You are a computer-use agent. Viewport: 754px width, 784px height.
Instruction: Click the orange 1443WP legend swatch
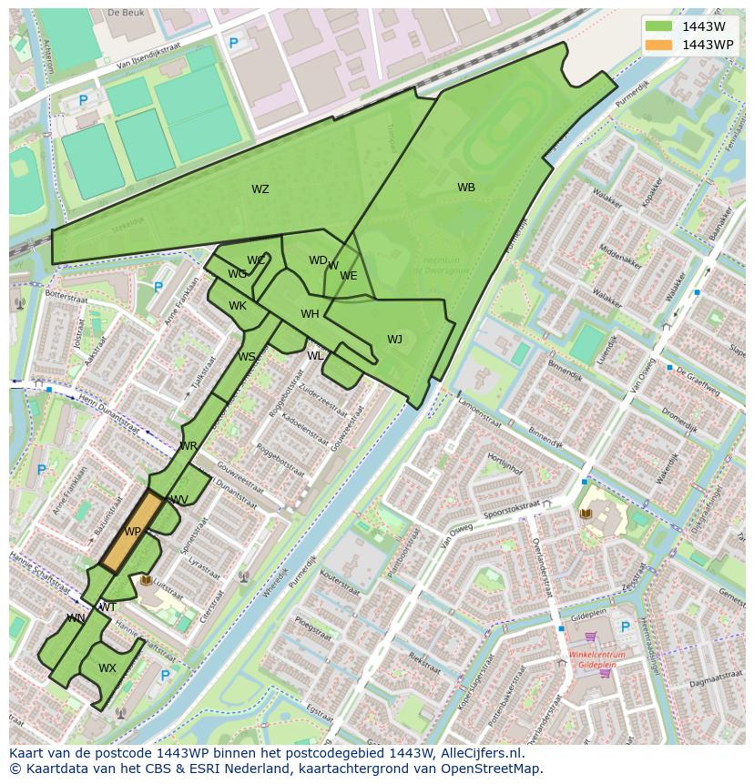tap(658, 45)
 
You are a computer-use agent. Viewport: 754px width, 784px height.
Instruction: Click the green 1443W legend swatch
tap(658, 26)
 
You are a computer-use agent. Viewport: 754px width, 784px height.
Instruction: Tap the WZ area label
tap(260, 189)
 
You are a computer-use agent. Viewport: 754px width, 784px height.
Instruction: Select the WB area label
tap(466, 188)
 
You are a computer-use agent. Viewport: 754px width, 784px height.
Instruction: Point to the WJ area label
tap(394, 340)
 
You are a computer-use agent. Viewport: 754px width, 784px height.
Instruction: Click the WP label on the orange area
tap(133, 532)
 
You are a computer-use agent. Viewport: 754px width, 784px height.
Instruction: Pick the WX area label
tap(107, 667)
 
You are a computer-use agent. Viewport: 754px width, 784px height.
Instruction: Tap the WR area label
tap(188, 446)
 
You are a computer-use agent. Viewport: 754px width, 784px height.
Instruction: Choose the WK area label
tap(238, 306)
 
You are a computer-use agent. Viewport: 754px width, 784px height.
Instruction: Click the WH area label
tap(311, 314)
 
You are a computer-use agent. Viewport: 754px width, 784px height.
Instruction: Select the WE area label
tap(349, 276)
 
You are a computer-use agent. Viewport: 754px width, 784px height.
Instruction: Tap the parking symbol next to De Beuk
tap(233, 43)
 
